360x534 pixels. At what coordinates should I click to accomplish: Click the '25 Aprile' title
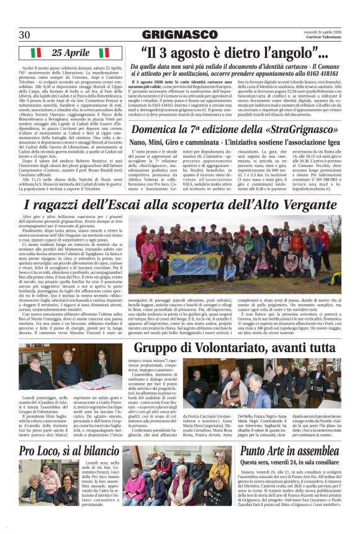tap(71, 53)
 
